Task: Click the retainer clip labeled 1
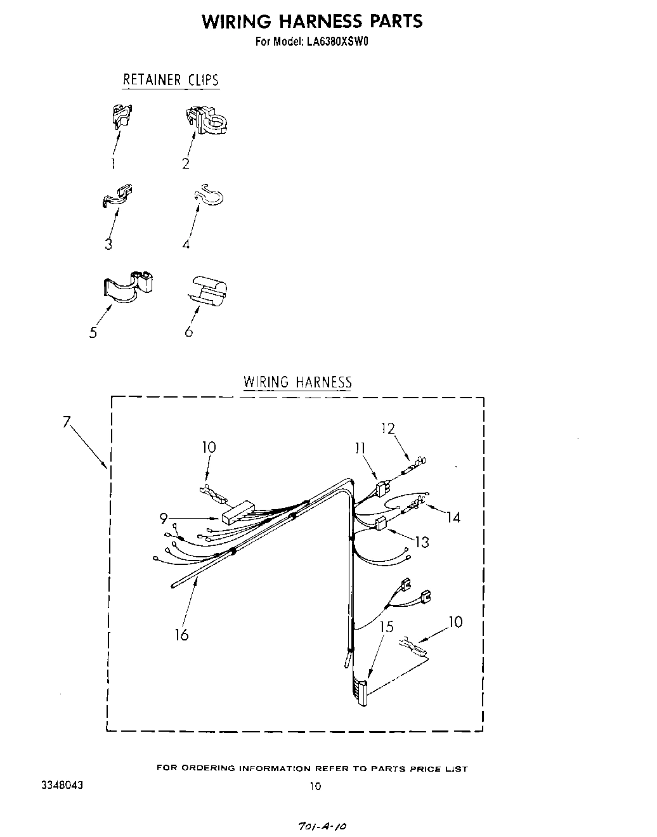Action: pos(120,115)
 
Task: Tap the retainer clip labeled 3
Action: pos(118,196)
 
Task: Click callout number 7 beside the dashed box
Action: pos(67,423)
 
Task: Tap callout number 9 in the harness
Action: pos(164,519)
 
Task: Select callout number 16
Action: pos(182,635)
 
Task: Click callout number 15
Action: pos(387,627)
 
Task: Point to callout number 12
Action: pos(388,428)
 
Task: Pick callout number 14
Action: pos(453,517)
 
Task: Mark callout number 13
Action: pos(422,542)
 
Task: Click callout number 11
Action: pos(360,448)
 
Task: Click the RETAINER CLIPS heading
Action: pos(171,80)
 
